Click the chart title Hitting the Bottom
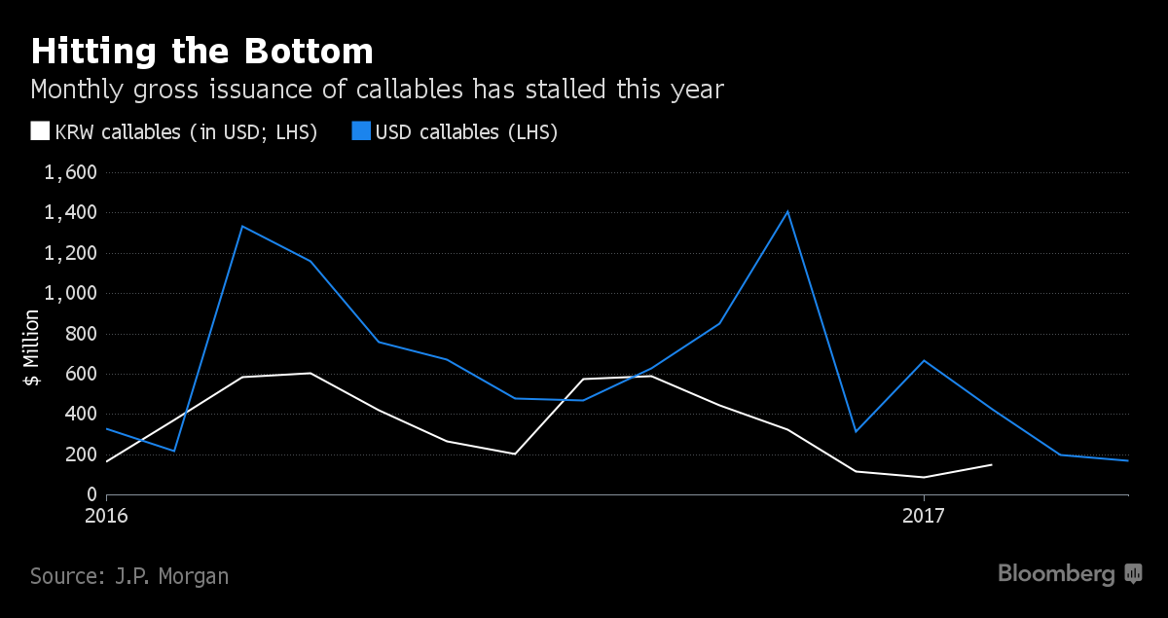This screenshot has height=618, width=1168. click(x=201, y=51)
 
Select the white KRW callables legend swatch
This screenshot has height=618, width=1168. click(x=40, y=131)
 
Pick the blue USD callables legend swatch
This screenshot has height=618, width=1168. click(x=361, y=131)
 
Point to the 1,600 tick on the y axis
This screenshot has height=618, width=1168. click(x=70, y=173)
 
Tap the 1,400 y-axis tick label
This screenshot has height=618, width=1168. click(x=70, y=213)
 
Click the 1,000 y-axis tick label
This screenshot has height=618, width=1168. click(x=70, y=294)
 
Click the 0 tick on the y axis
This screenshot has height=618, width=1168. click(x=92, y=494)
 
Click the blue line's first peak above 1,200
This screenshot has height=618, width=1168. click(x=242, y=227)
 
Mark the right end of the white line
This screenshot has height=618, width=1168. click(x=992, y=464)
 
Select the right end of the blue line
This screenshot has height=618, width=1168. click(x=1128, y=460)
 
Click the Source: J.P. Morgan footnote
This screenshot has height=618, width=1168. click(x=129, y=575)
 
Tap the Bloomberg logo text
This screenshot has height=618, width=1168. click(x=1056, y=574)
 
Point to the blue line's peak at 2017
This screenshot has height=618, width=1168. click(x=924, y=361)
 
